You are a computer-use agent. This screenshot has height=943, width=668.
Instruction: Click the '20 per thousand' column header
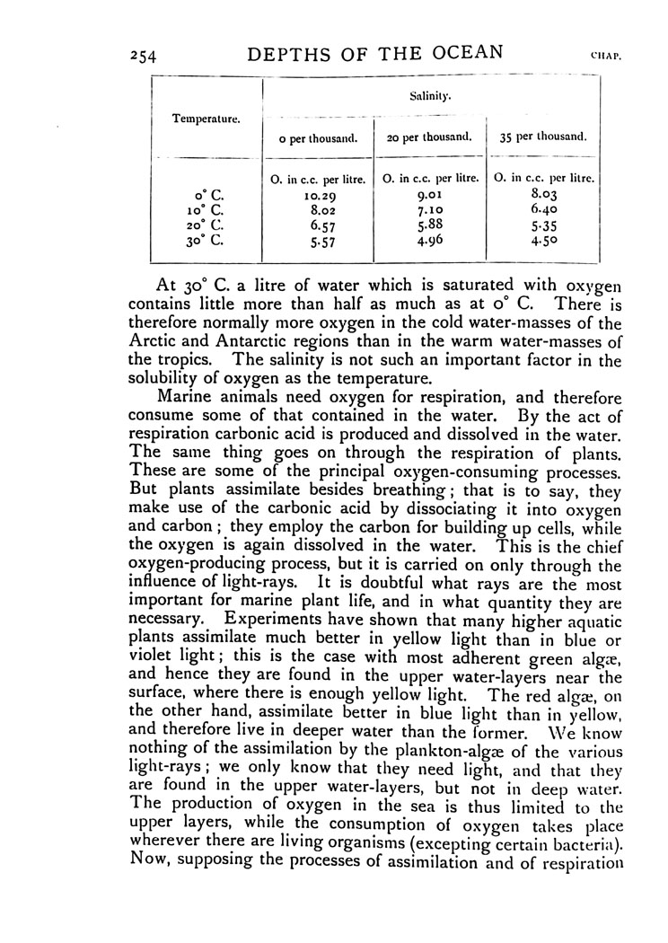point(429,138)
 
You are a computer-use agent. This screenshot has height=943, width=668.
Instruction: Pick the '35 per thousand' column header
point(543,138)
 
